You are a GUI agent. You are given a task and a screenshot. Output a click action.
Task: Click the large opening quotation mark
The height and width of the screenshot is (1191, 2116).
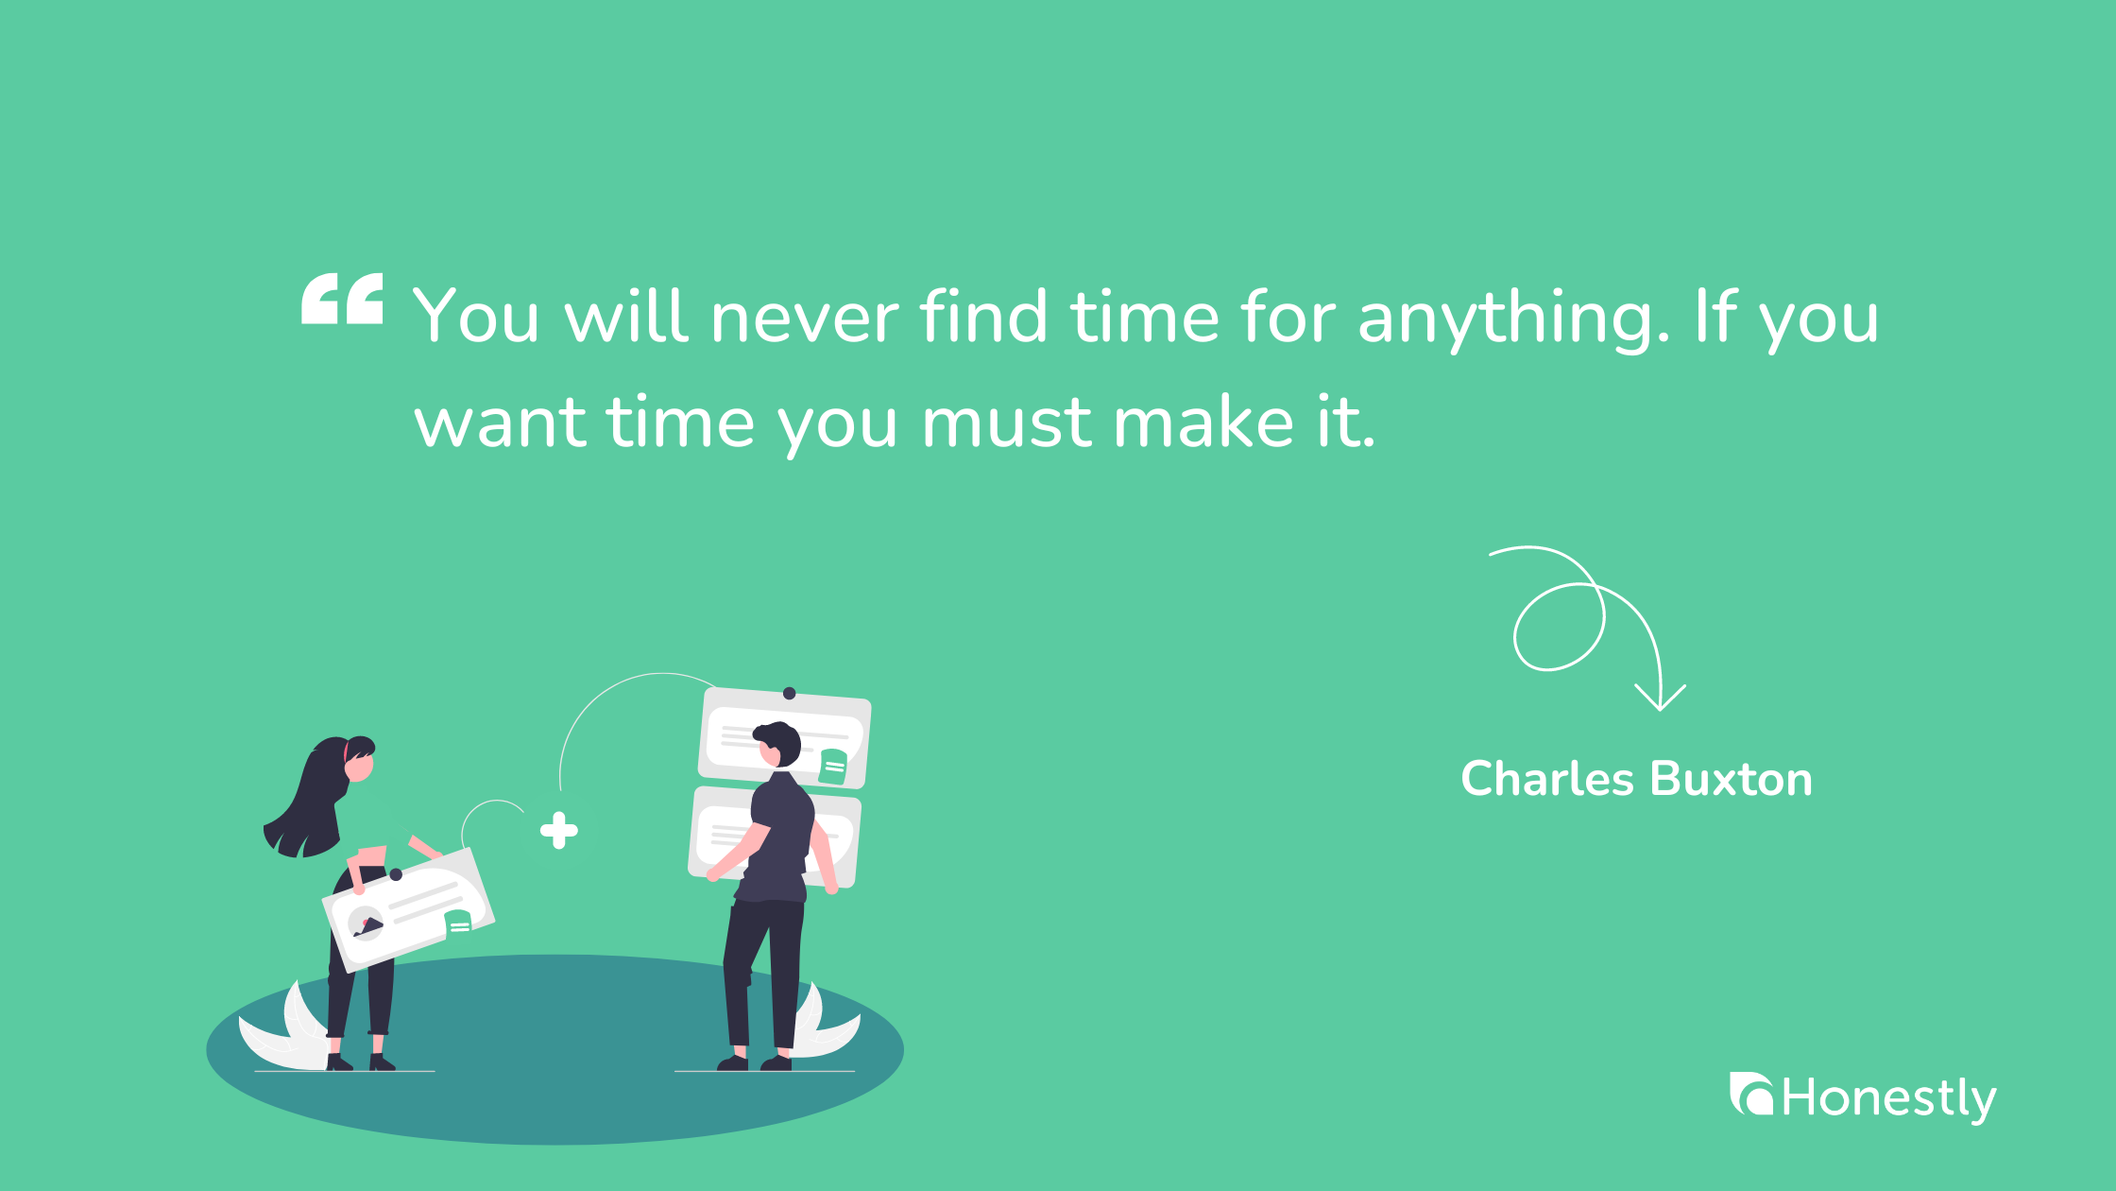click(342, 299)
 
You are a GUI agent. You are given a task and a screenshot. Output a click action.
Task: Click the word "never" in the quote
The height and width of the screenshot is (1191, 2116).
click(805, 318)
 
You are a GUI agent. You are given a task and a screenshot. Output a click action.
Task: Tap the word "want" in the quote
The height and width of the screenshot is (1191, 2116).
click(501, 423)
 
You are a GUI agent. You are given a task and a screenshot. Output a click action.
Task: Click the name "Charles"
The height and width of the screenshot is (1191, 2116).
click(1546, 779)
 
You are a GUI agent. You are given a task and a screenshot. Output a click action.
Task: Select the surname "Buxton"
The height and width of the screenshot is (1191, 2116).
click(1732, 779)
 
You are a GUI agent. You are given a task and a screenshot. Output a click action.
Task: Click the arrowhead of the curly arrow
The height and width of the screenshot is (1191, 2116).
click(1660, 700)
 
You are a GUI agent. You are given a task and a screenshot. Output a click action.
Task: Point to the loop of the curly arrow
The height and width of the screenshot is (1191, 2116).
click(1559, 627)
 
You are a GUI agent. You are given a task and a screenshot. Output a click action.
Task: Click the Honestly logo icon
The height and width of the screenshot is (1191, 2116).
click(1751, 1095)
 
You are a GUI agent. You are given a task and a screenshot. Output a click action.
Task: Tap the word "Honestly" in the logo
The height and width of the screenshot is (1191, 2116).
click(1889, 1098)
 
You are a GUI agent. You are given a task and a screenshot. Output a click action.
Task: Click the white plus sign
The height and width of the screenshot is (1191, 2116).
click(559, 830)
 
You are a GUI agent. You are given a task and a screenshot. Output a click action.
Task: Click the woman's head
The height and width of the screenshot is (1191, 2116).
click(357, 759)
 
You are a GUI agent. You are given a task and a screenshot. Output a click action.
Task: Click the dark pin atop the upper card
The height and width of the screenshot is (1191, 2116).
click(790, 694)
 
